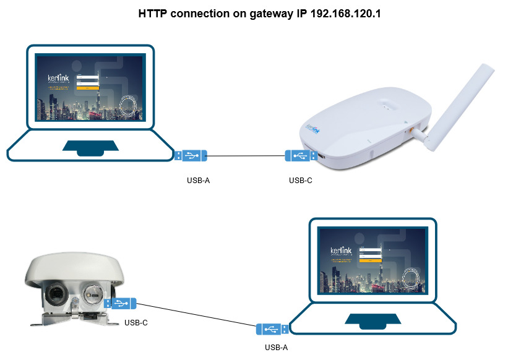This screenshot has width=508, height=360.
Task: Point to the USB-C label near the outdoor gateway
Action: (136, 322)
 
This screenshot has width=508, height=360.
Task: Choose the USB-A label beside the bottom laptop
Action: (276, 347)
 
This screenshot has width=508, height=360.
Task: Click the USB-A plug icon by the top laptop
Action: (191, 156)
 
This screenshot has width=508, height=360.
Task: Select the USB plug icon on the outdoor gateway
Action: (120, 303)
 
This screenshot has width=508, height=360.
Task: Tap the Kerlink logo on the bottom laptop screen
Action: (341, 251)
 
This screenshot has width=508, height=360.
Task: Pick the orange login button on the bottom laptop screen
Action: (371, 260)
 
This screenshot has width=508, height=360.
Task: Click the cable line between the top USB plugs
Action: (246, 156)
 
